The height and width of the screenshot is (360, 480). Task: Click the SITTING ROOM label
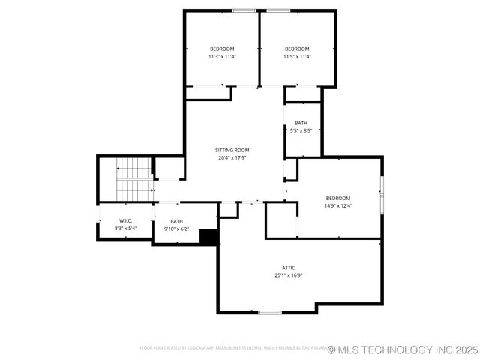(x=232, y=150)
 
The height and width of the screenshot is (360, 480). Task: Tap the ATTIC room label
(x=289, y=268)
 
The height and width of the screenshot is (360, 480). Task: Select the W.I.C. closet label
(x=125, y=220)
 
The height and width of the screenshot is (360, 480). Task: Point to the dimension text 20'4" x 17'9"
(x=232, y=157)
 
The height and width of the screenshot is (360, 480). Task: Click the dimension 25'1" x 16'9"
(x=289, y=275)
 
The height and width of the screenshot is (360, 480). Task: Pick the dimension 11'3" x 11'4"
(x=222, y=56)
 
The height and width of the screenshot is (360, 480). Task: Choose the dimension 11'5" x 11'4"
(x=297, y=56)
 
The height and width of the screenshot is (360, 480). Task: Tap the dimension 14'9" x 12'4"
(x=337, y=205)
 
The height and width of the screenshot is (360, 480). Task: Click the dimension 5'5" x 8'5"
(x=301, y=130)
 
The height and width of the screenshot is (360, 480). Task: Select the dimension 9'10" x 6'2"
(x=176, y=229)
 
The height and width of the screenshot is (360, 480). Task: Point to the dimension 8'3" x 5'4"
(x=125, y=228)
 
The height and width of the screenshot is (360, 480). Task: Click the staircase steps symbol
(x=134, y=179)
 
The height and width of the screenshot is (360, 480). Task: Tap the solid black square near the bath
(x=208, y=236)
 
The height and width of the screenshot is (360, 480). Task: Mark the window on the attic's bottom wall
(x=270, y=312)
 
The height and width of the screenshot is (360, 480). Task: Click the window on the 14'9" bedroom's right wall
(x=382, y=194)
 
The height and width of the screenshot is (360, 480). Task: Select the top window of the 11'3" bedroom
(x=243, y=10)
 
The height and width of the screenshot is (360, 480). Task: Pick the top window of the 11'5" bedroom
(x=279, y=10)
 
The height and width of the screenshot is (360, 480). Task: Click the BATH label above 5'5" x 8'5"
(x=301, y=123)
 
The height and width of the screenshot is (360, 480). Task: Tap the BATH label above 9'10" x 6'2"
(x=176, y=221)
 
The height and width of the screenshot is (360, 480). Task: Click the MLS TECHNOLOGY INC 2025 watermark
(x=402, y=349)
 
